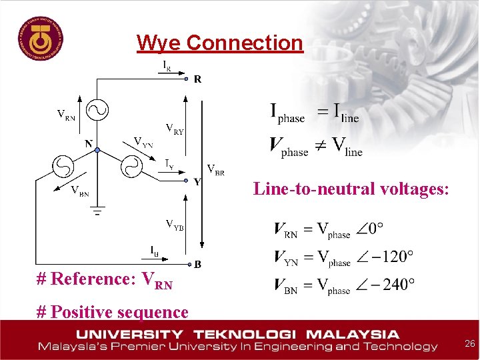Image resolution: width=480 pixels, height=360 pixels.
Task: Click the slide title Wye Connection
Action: coord(219,43)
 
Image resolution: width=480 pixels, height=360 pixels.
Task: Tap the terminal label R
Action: coord(198,79)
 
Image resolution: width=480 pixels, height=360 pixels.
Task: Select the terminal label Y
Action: coord(197,182)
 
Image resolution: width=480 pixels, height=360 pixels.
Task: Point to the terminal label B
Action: coord(198,265)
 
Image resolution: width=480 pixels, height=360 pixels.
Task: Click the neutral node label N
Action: coord(88,143)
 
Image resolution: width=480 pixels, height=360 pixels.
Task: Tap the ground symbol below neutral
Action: coord(97,214)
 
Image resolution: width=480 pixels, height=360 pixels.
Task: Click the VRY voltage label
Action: coord(175,128)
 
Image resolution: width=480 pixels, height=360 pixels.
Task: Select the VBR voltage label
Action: coord(215,169)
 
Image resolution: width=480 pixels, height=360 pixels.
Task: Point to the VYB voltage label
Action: coord(175,224)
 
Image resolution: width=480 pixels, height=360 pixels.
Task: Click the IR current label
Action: coord(169,65)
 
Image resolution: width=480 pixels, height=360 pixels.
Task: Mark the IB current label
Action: coord(155,251)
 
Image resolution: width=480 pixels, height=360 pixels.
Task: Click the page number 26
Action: coord(469,344)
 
